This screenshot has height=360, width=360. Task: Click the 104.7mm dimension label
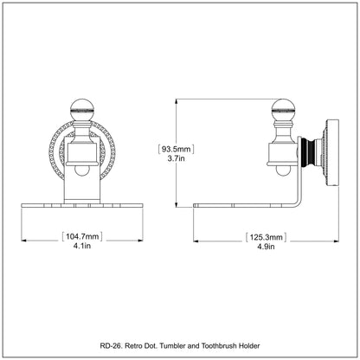[82, 236]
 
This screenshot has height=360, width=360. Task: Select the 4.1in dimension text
[82, 246]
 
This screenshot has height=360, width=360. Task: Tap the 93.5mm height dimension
[176, 149]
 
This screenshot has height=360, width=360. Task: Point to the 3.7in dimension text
[176, 158]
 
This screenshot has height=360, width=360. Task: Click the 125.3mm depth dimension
[266, 237]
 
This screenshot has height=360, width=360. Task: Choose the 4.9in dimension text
[266, 247]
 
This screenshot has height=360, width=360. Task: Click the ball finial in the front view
[82, 110]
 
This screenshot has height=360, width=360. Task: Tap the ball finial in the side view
[283, 110]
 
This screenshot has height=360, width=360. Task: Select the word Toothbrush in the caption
[218, 345]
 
